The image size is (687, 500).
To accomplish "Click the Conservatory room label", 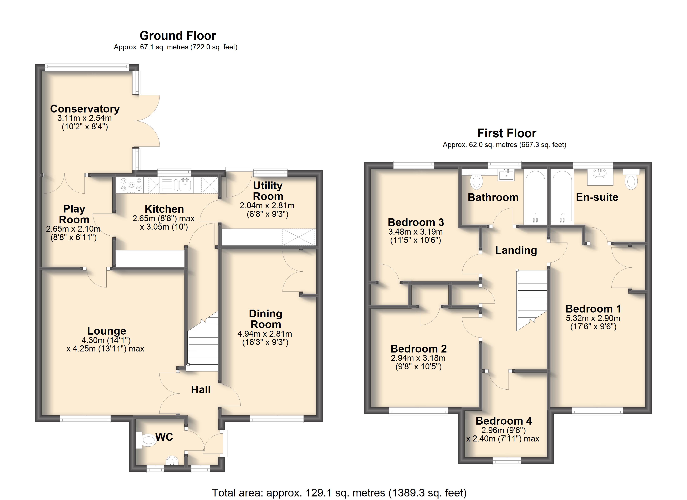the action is pos(85,109).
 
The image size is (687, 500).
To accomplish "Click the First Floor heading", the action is pos(507,133).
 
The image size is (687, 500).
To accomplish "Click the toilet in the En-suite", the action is pos(631,180).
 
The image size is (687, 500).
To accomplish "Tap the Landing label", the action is pos(516,250).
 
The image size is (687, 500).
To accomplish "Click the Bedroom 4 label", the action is pos(504,421).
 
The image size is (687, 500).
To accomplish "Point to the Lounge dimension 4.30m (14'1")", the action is pos(106,340).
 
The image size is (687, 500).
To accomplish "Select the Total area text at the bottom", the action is pos(339,493).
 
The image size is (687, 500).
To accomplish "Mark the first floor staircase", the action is pos(532,300).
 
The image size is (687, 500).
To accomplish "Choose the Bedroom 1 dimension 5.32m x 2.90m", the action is pos(593,318).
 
